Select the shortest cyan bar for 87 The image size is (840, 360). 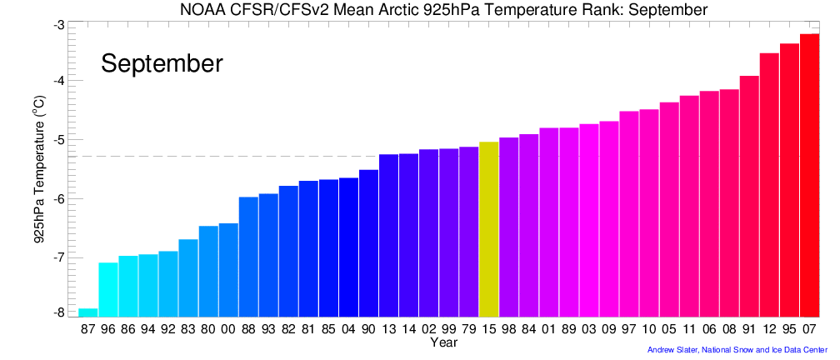pyautogui.click(x=88, y=312)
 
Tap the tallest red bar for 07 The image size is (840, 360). pyautogui.click(x=809, y=175)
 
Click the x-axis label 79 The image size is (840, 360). pyautogui.click(x=468, y=330)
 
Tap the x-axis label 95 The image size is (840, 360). pyautogui.click(x=789, y=330)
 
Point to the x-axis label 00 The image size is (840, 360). pyautogui.click(x=228, y=330)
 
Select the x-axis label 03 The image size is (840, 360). pyautogui.click(x=589, y=330)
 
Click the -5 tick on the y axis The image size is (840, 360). pyautogui.click(x=59, y=140)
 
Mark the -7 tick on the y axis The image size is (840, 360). pyautogui.click(x=59, y=257)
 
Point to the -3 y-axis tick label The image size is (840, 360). pyautogui.click(x=59, y=25)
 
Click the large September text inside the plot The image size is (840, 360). pyautogui.click(x=162, y=63)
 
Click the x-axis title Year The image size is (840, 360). pyautogui.click(x=443, y=342)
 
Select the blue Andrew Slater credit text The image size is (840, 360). pyautogui.click(x=737, y=350)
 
